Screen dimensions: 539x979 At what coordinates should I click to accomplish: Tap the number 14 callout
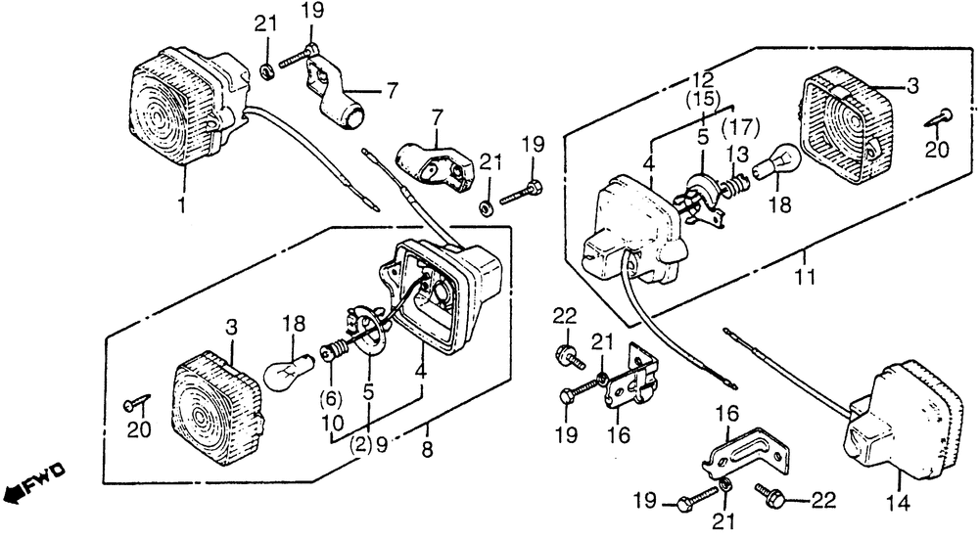899,505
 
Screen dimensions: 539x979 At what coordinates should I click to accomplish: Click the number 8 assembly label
428,452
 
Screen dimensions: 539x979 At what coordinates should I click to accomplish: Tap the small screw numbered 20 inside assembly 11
937,119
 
